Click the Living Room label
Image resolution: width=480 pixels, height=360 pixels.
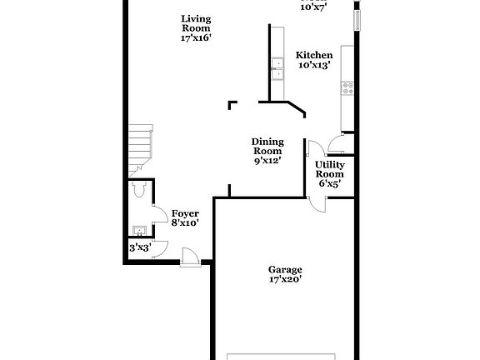pos(197,22)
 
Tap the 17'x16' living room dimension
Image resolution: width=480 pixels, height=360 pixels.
pos(197,37)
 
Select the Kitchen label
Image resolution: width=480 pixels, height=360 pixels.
pos(315,54)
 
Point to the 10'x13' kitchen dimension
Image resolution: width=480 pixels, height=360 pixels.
pos(315,65)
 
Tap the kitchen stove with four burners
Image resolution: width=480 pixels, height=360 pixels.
pos(347,85)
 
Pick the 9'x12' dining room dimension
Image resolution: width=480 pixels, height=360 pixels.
pos(267,161)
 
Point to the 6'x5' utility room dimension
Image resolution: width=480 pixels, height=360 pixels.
pos(329,184)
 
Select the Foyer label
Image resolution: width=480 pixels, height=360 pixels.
pos(185,213)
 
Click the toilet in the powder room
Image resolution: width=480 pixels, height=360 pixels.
pos(138,190)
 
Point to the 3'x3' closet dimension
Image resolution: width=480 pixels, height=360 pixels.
pos(139,247)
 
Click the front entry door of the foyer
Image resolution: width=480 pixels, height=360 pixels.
pos(190,259)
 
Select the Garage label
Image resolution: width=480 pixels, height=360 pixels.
pos(285,269)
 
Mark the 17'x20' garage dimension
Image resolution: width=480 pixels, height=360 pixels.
pos(285,280)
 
